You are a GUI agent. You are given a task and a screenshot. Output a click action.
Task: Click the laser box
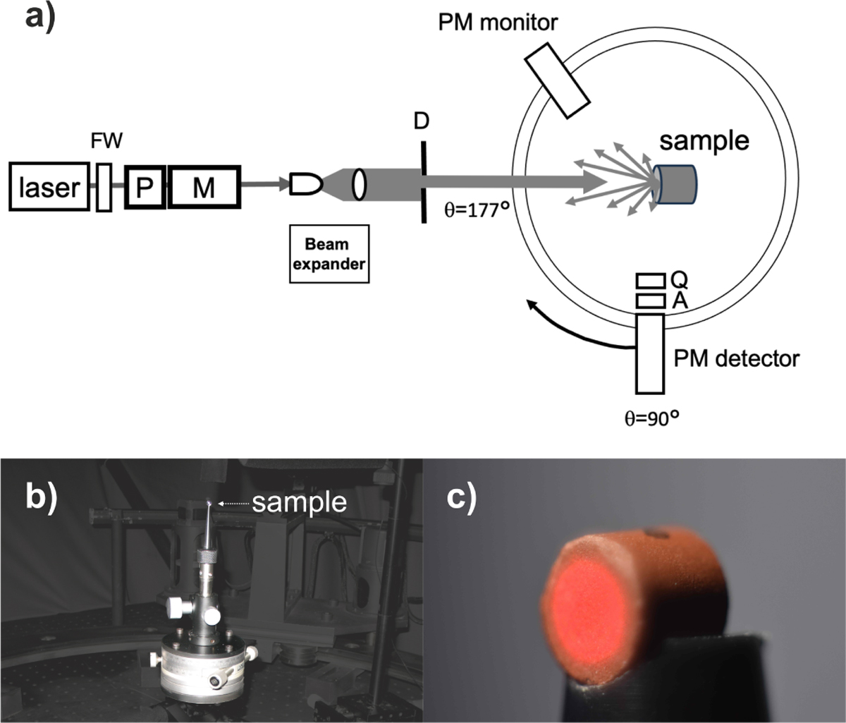[x=49, y=187]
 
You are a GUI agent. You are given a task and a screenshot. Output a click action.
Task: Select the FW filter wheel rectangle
[x=104, y=188]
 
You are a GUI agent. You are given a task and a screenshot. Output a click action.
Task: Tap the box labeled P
[x=145, y=187]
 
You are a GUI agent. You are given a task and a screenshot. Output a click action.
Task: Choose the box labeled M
[x=204, y=187]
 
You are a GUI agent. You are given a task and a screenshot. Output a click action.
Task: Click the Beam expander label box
[x=329, y=254]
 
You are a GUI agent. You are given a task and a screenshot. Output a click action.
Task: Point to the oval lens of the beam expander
[x=359, y=184]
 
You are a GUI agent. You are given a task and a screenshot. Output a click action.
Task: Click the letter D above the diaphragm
[x=421, y=121]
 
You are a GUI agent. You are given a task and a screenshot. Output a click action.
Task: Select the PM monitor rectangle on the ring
[x=558, y=81]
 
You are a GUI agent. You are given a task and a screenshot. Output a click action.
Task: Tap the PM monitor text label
[x=498, y=23]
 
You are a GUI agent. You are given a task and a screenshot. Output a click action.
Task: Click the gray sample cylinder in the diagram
[x=675, y=184]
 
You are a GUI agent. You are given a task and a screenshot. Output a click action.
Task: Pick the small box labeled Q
[x=650, y=281]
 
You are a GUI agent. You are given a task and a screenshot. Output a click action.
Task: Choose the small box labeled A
[x=650, y=301]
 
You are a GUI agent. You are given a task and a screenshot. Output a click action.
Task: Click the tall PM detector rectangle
[x=650, y=354]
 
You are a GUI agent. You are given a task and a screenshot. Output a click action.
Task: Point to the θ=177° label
[x=477, y=210]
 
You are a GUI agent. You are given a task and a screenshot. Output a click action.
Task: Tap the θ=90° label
[x=651, y=419]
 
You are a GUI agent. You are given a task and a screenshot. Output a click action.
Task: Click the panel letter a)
[x=39, y=19]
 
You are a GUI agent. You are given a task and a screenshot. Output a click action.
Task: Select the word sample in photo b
[x=299, y=503]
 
